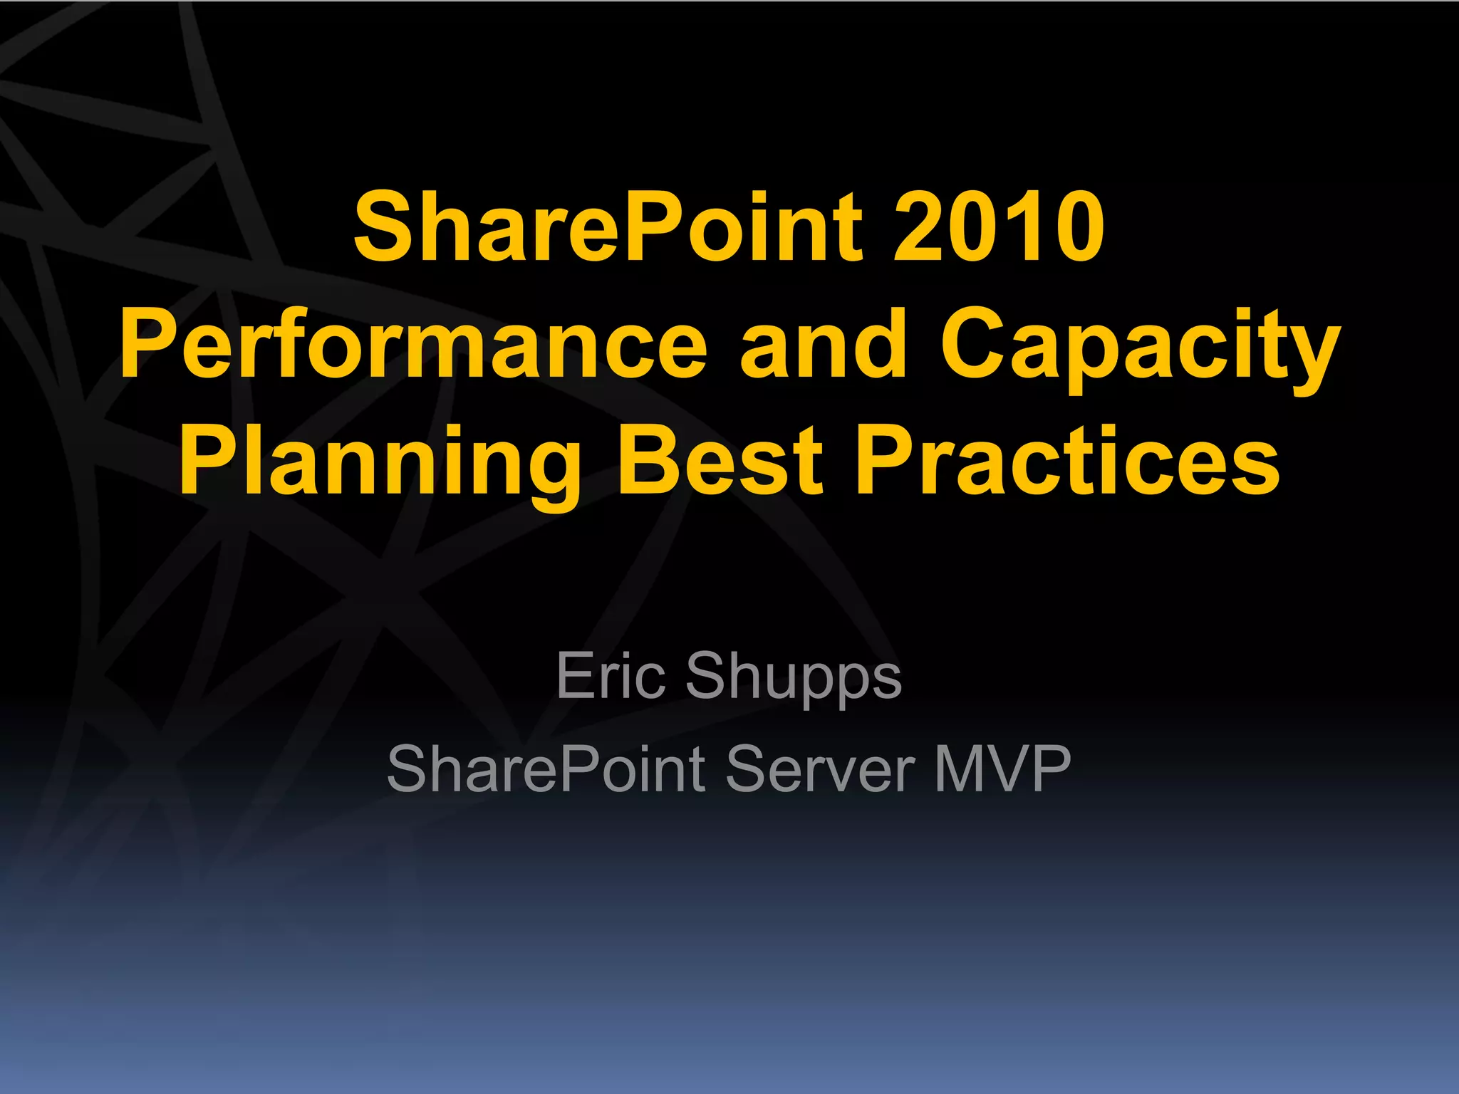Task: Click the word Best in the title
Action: coord(720,459)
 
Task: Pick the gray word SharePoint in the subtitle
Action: coord(546,769)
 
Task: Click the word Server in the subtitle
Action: coord(820,769)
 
